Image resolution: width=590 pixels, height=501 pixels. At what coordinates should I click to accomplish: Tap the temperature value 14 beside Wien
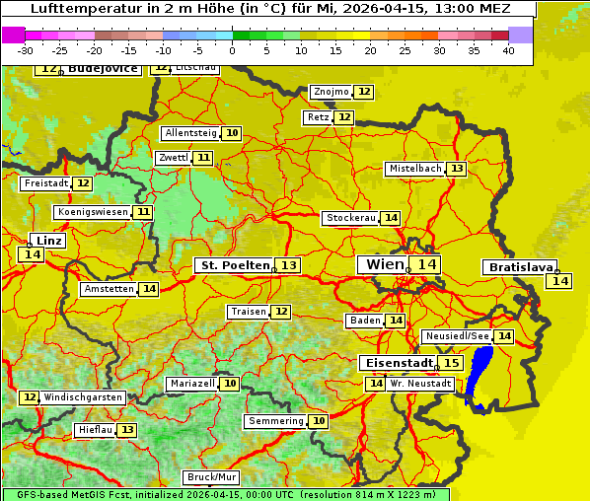(x=426, y=264)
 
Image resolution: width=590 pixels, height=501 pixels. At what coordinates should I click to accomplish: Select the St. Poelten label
(x=234, y=265)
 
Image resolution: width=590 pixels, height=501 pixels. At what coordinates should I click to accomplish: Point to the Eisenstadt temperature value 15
(x=451, y=363)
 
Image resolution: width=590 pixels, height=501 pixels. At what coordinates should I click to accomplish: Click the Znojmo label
(x=331, y=92)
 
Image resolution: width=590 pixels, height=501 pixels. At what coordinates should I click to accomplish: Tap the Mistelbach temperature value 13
(x=457, y=169)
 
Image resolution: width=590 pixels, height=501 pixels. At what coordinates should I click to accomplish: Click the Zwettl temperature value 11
(x=202, y=158)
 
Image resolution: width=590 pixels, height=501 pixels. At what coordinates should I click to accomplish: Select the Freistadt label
(x=45, y=183)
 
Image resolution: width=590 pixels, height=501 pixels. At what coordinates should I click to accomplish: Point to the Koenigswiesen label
(x=92, y=212)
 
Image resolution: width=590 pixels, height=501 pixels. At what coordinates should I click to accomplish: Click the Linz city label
(x=48, y=241)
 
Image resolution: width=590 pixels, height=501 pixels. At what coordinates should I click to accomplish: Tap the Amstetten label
(x=109, y=289)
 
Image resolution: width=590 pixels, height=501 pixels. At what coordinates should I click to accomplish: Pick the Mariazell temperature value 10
(x=230, y=384)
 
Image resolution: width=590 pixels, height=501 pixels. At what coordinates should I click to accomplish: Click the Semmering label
(x=275, y=421)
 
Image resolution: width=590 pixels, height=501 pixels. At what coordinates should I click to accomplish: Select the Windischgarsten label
(x=84, y=397)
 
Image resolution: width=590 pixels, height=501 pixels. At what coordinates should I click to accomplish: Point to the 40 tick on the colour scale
(x=508, y=50)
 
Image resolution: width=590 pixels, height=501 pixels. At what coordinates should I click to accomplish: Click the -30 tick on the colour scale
(x=26, y=50)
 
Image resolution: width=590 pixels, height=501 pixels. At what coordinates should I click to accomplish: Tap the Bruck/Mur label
(x=211, y=477)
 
